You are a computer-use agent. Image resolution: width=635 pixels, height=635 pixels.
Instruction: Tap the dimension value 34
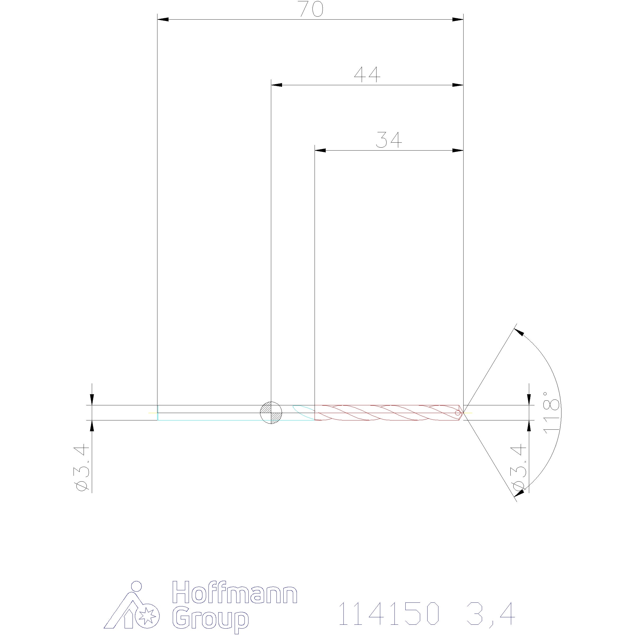389,140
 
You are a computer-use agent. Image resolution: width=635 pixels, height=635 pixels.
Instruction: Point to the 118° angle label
551,412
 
